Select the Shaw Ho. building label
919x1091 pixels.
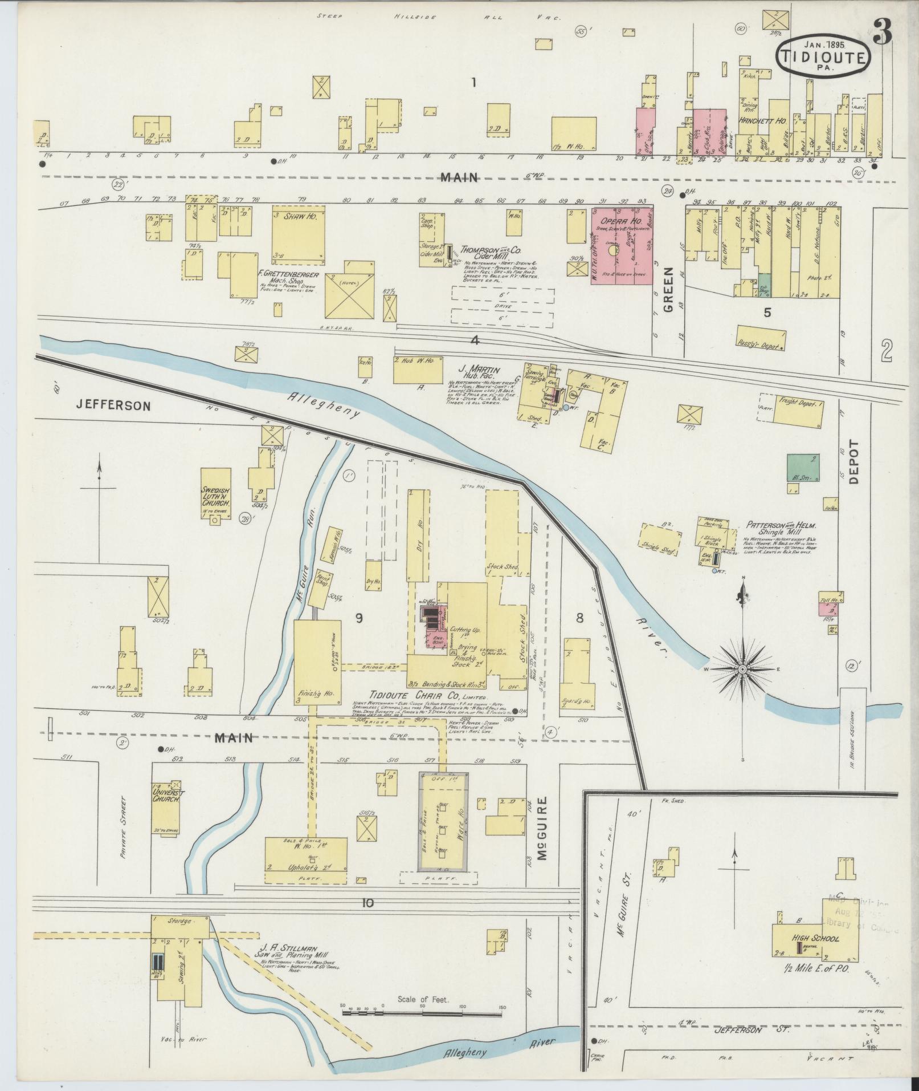click(x=298, y=217)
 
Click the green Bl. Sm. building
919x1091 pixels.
click(x=804, y=468)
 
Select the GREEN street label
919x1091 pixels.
click(x=668, y=289)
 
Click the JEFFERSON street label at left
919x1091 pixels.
click(x=114, y=406)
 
